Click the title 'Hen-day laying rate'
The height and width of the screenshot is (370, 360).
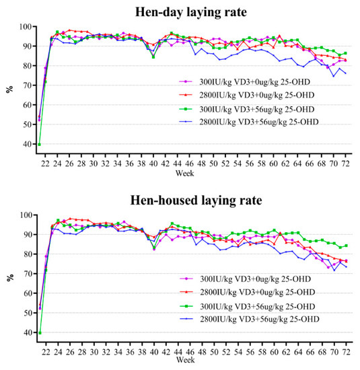click(192, 9)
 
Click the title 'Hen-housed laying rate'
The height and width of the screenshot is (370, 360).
click(192, 199)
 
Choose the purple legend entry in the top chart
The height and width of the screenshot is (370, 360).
click(253, 81)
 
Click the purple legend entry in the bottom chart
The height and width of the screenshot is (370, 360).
click(253, 279)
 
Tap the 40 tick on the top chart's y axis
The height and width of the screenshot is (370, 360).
click(26, 144)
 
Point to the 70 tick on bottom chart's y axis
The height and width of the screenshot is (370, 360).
click(26, 274)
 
